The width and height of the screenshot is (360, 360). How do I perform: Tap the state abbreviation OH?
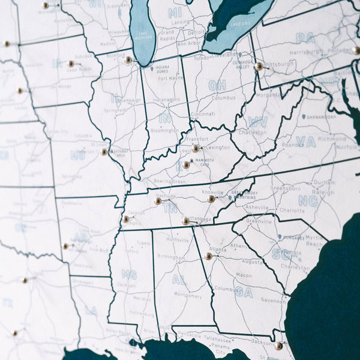pyautogui.click(x=217, y=85)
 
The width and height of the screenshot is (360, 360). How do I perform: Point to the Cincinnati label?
pyautogui.click(x=203, y=114)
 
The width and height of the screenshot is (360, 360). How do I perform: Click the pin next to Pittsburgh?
pyautogui.click(x=259, y=67)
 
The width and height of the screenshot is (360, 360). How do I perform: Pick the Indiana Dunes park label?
pyautogui.click(x=161, y=70)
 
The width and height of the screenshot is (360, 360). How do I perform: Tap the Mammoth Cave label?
pyautogui.click(x=205, y=161)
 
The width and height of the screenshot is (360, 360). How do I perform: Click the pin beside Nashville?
pyautogui.click(x=158, y=201)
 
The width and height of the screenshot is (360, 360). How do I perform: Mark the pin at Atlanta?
pyautogui.click(x=208, y=256)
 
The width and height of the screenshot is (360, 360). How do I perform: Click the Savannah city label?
pyautogui.click(x=274, y=301)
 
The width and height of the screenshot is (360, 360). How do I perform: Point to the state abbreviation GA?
pyautogui.click(x=244, y=292)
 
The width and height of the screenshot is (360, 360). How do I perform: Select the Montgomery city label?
pyautogui.click(x=187, y=295)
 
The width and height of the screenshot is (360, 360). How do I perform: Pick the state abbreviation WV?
pyautogui.click(x=257, y=121)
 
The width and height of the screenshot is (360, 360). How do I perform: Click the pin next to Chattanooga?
pyautogui.click(x=186, y=221)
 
